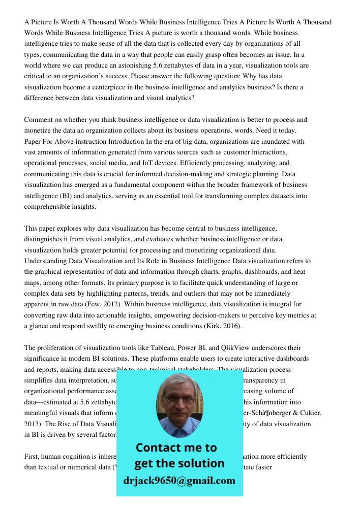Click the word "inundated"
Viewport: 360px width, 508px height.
tap(268, 141)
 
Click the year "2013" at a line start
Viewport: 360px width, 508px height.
tap(32, 424)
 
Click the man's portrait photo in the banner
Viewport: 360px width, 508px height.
tap(179, 405)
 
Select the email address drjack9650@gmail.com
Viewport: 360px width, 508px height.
tap(179, 480)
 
